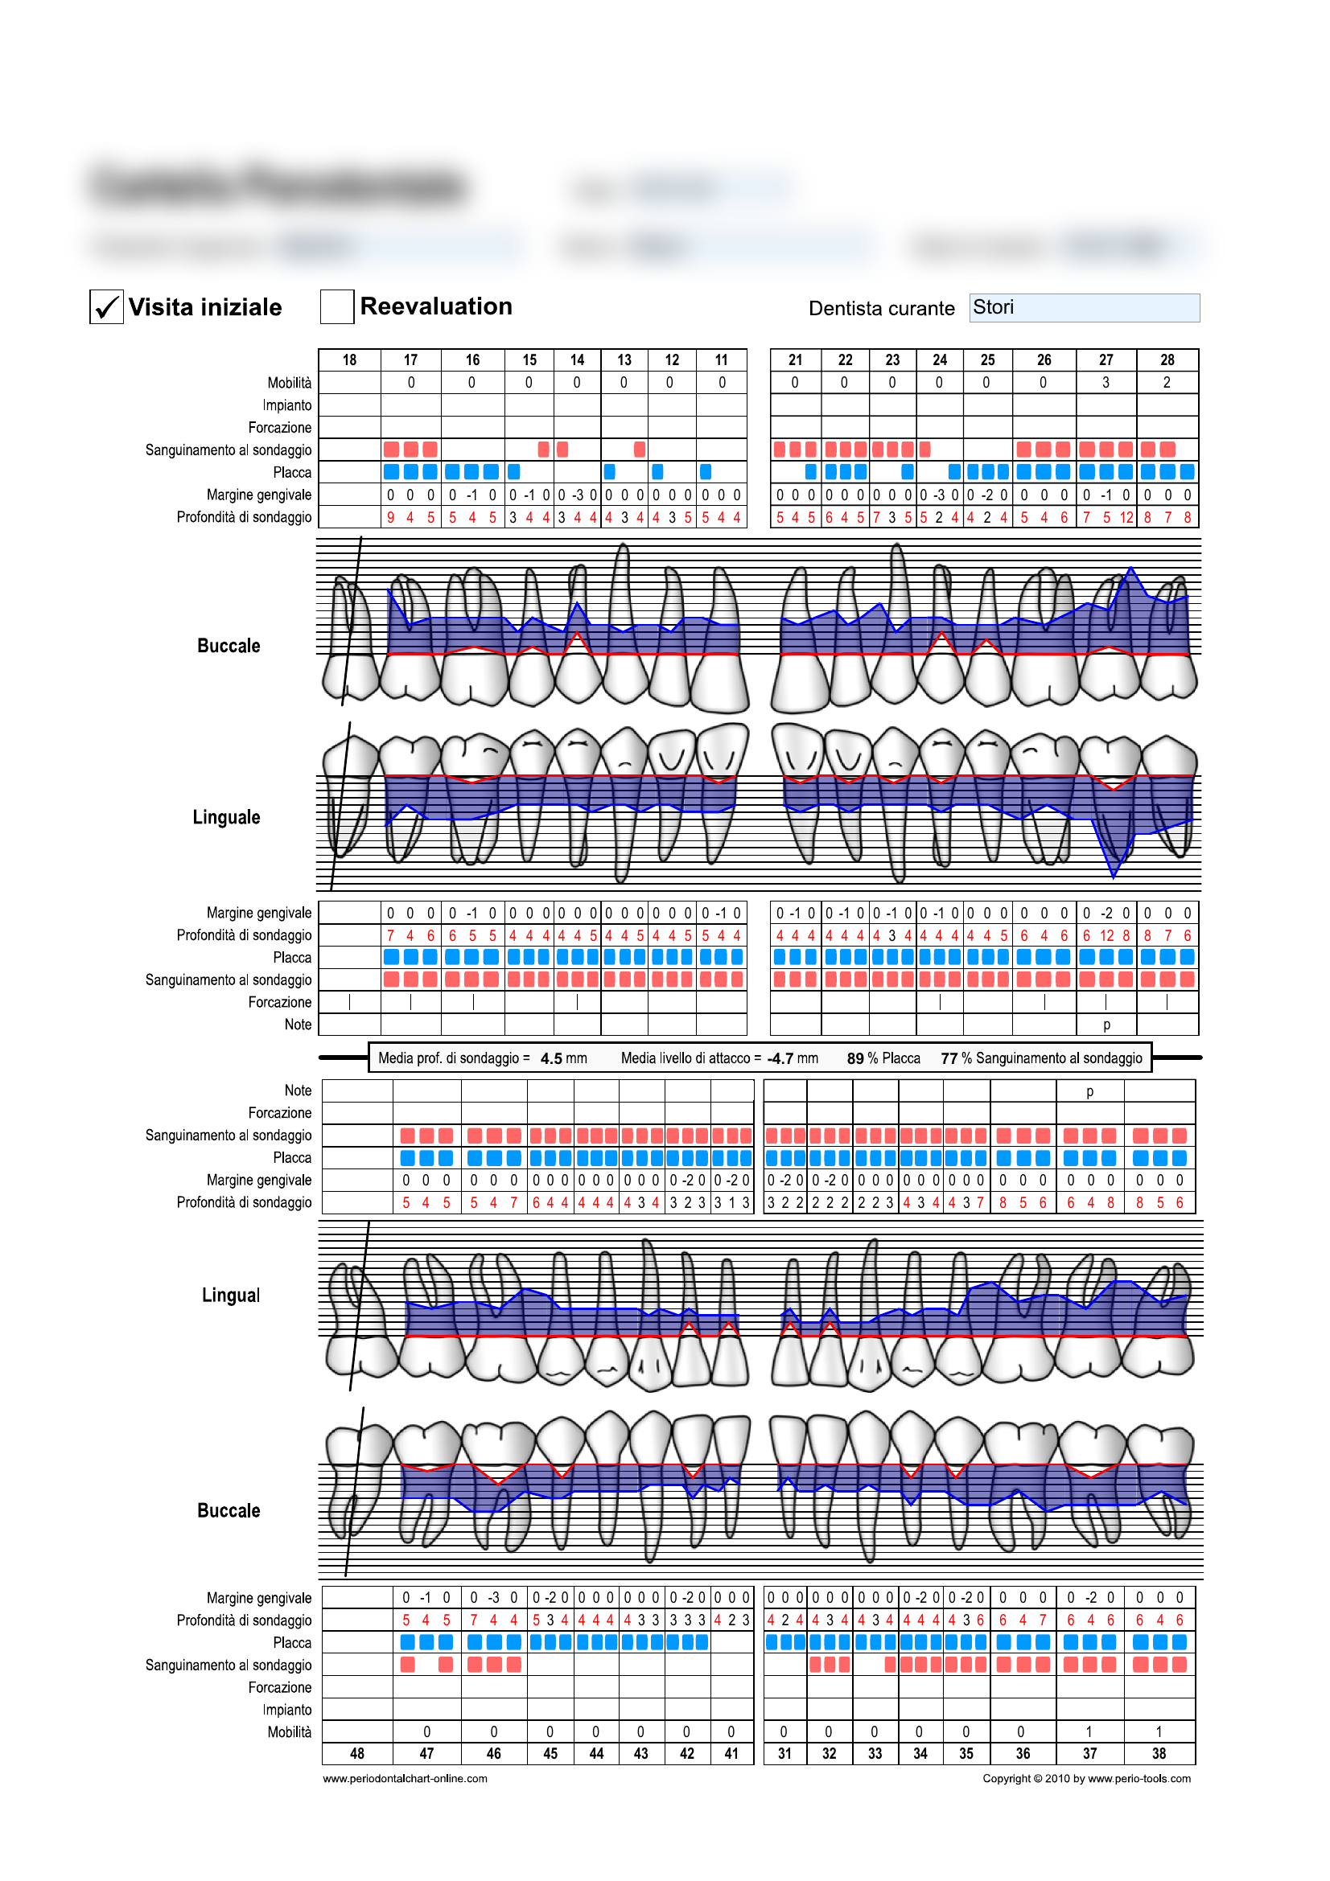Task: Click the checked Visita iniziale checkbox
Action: (106, 307)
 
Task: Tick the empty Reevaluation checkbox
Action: (337, 306)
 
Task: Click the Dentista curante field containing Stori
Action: (1083, 308)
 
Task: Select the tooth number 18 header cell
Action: (349, 359)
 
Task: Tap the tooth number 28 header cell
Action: (1167, 359)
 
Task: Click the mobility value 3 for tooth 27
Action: (1106, 383)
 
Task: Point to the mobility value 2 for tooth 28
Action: (1167, 383)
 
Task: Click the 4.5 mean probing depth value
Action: (551, 1058)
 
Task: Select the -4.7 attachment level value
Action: (780, 1058)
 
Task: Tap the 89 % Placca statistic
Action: (883, 1058)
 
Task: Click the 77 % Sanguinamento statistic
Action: (1040, 1058)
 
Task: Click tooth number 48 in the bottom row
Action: (357, 1753)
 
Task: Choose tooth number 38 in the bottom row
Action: (1159, 1753)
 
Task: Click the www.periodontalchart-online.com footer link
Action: (405, 1779)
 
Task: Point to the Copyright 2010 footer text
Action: (1087, 1779)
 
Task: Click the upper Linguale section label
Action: (226, 817)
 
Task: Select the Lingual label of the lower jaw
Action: (230, 1296)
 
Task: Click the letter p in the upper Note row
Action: (1106, 1025)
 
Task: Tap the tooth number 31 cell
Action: (784, 1753)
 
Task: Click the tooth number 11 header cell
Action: (721, 359)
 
